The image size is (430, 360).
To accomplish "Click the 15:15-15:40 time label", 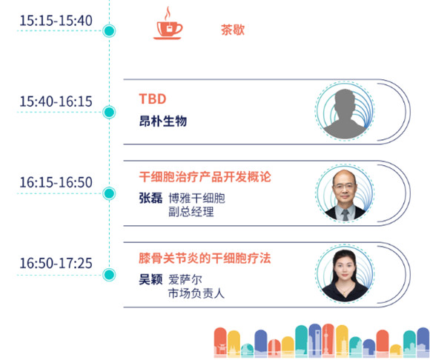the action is [56, 21].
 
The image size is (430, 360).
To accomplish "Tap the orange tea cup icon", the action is [168, 24].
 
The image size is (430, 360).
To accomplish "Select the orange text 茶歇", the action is [233, 30].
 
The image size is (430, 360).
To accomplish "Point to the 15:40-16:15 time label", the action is [56, 101].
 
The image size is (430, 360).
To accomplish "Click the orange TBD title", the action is [153, 99].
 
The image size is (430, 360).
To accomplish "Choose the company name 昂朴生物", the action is [163, 121].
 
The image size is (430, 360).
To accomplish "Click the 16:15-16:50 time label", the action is [56, 182].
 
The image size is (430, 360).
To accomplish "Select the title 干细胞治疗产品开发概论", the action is [205, 177].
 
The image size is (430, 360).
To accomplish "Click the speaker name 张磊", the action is [150, 198].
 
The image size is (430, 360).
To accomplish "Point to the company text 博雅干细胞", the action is [196, 198].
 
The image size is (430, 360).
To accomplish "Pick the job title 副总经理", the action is [191, 212].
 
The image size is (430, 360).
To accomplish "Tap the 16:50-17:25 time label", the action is [56, 263].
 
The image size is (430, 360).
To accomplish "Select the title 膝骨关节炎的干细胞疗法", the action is [205, 258].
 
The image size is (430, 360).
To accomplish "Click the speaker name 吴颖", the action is [150, 279].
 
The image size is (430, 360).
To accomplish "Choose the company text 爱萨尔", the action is [185, 280].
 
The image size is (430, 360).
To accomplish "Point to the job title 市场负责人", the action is [196, 293].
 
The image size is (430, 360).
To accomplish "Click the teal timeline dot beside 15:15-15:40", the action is [109, 30].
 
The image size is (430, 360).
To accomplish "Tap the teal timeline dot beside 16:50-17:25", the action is [109, 275].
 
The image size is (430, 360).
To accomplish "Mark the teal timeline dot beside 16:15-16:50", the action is [109, 193].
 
